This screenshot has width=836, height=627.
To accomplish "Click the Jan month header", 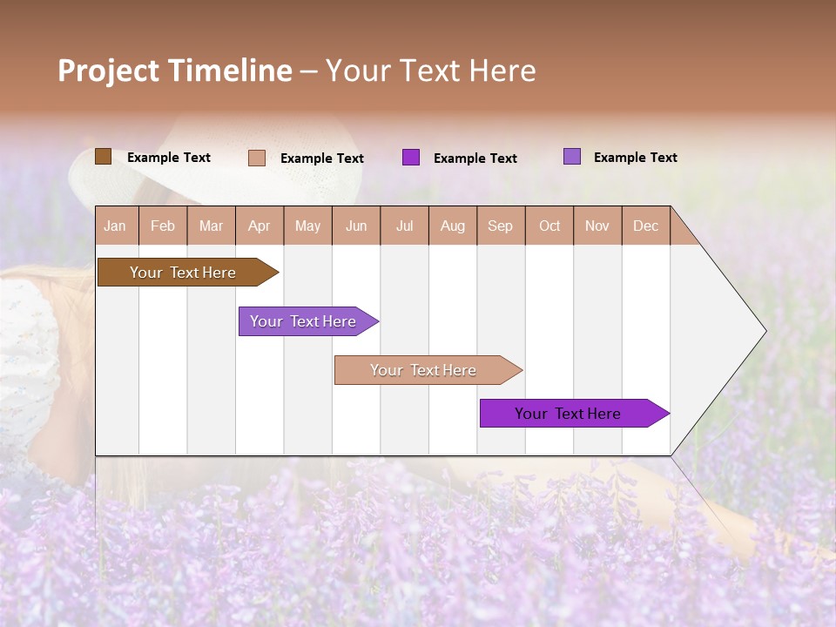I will pos(116,226).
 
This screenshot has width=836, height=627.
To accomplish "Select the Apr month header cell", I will pos(260,226).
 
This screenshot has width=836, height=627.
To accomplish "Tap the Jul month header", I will pos(404,226).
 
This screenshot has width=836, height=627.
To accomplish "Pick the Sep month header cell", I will pos(501,226).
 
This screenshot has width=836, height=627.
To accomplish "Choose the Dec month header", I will pos(645,226).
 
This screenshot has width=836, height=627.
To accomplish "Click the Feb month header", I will pos(163,226).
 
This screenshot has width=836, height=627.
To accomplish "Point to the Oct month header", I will pos(549,226).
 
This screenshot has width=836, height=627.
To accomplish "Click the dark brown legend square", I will pos(103,157).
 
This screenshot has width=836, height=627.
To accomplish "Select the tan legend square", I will pos(257,158).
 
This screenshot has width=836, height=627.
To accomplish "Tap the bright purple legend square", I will pos(411,158).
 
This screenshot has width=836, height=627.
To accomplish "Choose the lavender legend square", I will pos(572,157).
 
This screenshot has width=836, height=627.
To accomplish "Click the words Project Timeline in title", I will pos(174,71).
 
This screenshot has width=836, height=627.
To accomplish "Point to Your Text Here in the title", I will pos(431,71).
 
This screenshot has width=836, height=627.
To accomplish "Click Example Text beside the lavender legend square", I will pos(635,158).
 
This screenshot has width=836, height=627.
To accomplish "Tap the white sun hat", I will pos(218,179).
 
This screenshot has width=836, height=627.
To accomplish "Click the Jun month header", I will pos(356,226).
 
